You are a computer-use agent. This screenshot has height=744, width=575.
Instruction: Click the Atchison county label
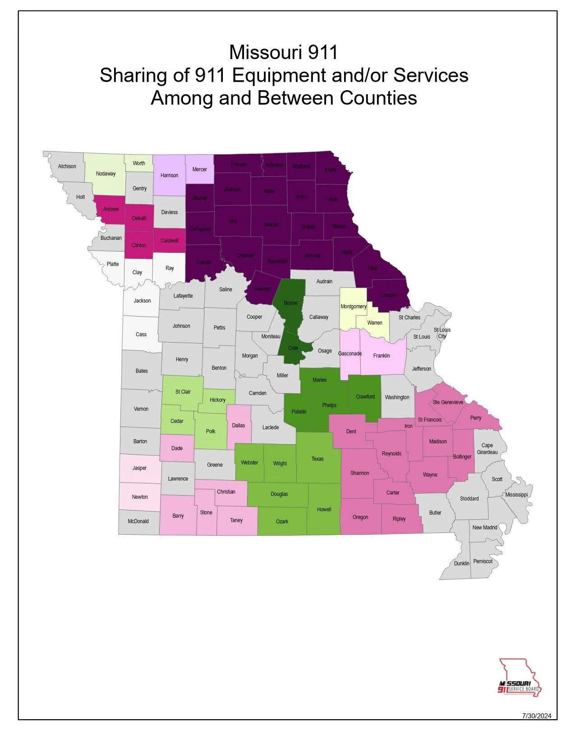point(67,166)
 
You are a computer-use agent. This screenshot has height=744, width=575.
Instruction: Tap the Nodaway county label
point(106,174)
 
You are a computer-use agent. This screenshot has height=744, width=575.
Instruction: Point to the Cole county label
point(293,348)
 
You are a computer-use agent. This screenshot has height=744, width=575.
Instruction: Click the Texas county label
point(317,459)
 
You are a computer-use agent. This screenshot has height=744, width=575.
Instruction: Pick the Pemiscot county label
point(483,561)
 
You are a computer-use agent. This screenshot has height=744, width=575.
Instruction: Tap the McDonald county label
point(138,521)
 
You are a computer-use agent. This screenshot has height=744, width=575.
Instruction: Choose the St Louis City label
point(442,333)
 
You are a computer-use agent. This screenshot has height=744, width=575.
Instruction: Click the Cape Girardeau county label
point(487,449)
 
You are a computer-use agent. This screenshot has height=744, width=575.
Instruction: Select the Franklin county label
point(382,356)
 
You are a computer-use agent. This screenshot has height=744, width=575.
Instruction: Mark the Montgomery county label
point(353,307)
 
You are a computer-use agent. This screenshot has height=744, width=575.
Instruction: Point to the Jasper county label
point(139,468)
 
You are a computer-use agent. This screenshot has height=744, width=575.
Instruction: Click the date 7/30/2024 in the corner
point(537,716)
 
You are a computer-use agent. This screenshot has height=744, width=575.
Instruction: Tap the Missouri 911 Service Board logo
point(519,678)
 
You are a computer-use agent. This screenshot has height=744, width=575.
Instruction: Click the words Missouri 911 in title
point(283,52)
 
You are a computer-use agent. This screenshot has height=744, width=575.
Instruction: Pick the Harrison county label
point(169,175)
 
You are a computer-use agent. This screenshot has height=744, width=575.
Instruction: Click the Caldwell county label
point(169,241)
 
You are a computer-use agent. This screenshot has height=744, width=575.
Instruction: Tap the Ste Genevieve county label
point(447,402)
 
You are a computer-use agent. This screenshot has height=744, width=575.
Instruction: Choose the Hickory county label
point(217,400)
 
